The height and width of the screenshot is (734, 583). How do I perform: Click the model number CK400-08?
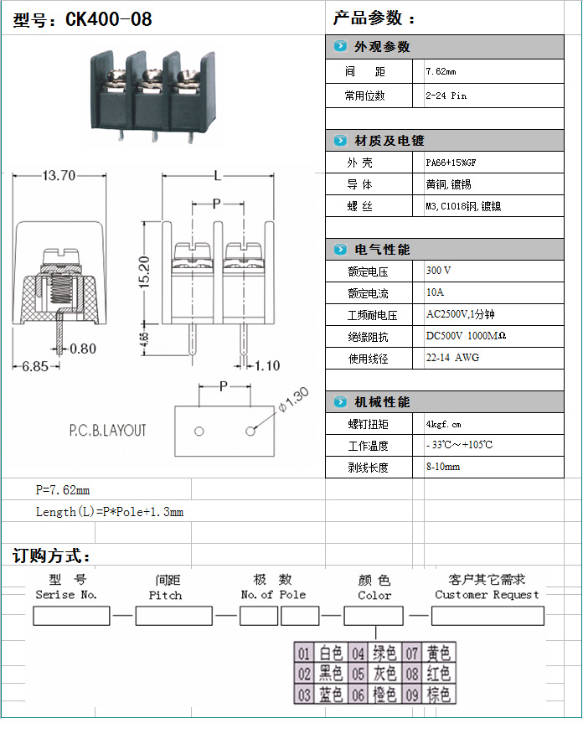(x=109, y=19)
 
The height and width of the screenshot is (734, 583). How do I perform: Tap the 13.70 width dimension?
(x=59, y=176)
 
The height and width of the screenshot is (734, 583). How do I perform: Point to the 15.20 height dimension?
(x=144, y=273)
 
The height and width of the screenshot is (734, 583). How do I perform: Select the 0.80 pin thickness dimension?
(x=83, y=349)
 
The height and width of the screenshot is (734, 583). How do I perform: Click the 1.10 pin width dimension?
(x=266, y=365)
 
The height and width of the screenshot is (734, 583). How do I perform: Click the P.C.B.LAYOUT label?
(x=107, y=431)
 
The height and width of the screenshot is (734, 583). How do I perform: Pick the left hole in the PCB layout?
(x=199, y=432)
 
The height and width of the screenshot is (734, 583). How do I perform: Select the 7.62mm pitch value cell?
(x=441, y=72)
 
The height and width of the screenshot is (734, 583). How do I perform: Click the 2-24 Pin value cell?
(x=446, y=96)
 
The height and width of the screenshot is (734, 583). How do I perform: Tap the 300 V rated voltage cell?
(x=439, y=271)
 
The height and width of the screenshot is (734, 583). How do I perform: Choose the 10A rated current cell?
(x=436, y=293)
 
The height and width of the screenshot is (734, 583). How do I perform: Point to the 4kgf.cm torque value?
(x=444, y=424)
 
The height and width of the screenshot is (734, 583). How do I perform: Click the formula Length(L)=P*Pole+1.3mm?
(x=109, y=512)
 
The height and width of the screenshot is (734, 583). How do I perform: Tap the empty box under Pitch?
(x=173, y=617)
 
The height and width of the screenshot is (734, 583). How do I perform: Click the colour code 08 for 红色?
(x=414, y=674)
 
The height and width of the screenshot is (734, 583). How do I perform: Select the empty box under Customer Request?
(x=488, y=617)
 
